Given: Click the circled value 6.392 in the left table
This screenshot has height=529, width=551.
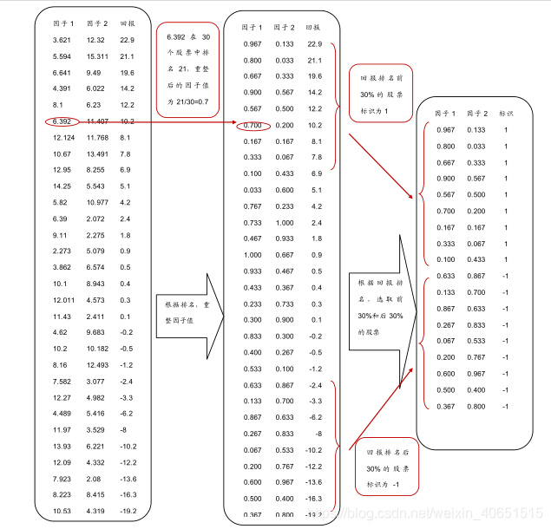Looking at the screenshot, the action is [x=62, y=121].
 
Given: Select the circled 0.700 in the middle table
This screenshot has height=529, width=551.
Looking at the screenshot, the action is [x=253, y=125].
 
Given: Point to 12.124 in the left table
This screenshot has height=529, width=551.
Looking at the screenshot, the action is [x=63, y=137].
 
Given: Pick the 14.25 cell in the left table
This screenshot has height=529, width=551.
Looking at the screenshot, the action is [x=62, y=186].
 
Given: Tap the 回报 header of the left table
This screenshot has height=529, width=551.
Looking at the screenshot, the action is [x=128, y=23].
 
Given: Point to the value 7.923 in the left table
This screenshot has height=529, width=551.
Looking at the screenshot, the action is [x=62, y=478].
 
